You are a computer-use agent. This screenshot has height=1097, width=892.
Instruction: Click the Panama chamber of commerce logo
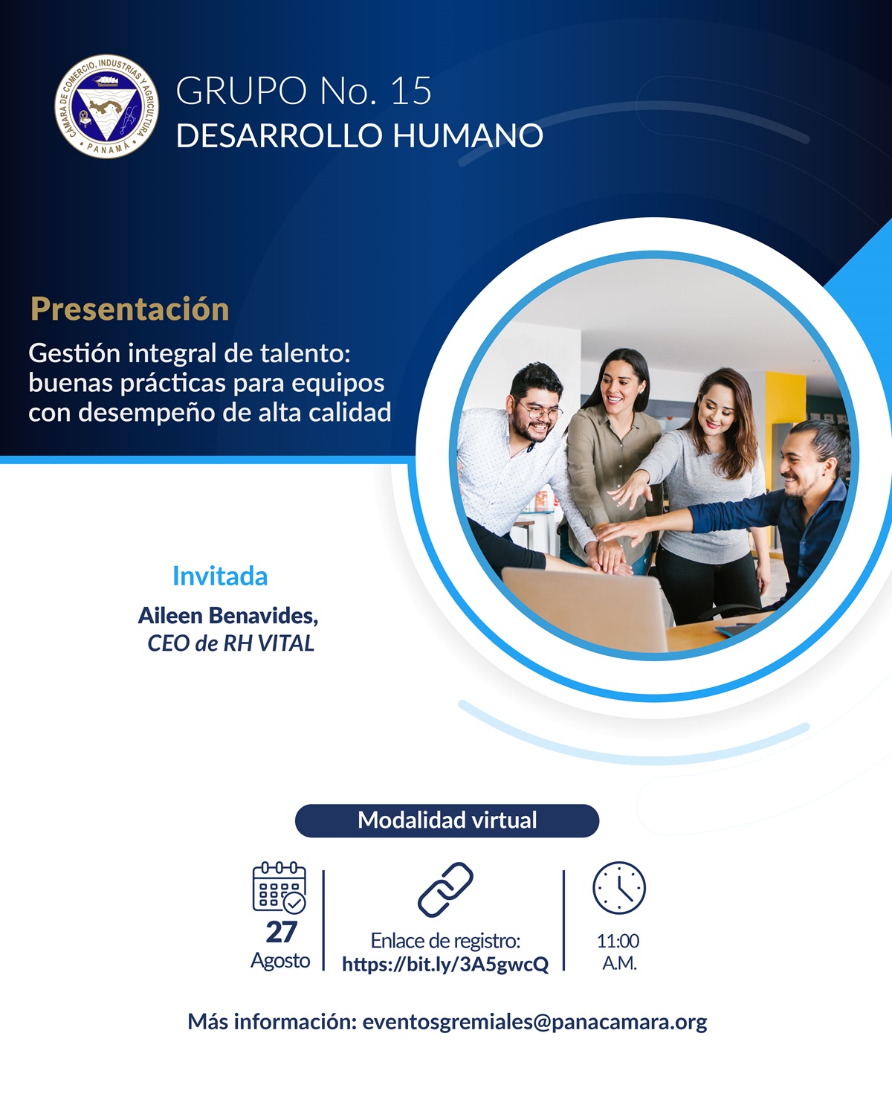coord(106,106)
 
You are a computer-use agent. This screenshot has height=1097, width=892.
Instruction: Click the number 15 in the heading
coord(411,91)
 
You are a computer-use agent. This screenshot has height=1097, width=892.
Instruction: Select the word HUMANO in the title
coord(468,135)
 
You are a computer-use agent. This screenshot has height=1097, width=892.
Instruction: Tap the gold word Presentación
coord(129,309)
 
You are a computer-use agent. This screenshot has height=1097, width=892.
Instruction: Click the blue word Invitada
coord(220,576)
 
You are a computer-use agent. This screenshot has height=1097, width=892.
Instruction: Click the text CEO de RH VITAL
coord(231,643)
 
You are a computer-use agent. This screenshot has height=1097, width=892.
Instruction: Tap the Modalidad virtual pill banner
coord(447,820)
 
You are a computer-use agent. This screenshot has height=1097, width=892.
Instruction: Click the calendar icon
coord(279,887)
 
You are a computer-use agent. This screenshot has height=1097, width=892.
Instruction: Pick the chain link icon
coord(445,889)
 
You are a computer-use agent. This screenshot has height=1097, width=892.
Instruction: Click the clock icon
coord(619,888)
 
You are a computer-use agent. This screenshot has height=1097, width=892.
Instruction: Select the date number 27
coord(281,932)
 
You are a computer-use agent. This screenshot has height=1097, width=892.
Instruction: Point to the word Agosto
coord(280,960)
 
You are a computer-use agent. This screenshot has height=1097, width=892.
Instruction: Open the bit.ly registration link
coord(445,964)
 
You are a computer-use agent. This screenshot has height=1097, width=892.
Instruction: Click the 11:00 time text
coord(618,941)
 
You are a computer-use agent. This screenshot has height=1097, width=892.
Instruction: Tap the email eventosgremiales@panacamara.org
coord(534,1022)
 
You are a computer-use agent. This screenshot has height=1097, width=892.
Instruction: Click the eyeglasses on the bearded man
coord(540,411)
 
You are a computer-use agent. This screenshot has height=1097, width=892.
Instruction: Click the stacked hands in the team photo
coord(613,551)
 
